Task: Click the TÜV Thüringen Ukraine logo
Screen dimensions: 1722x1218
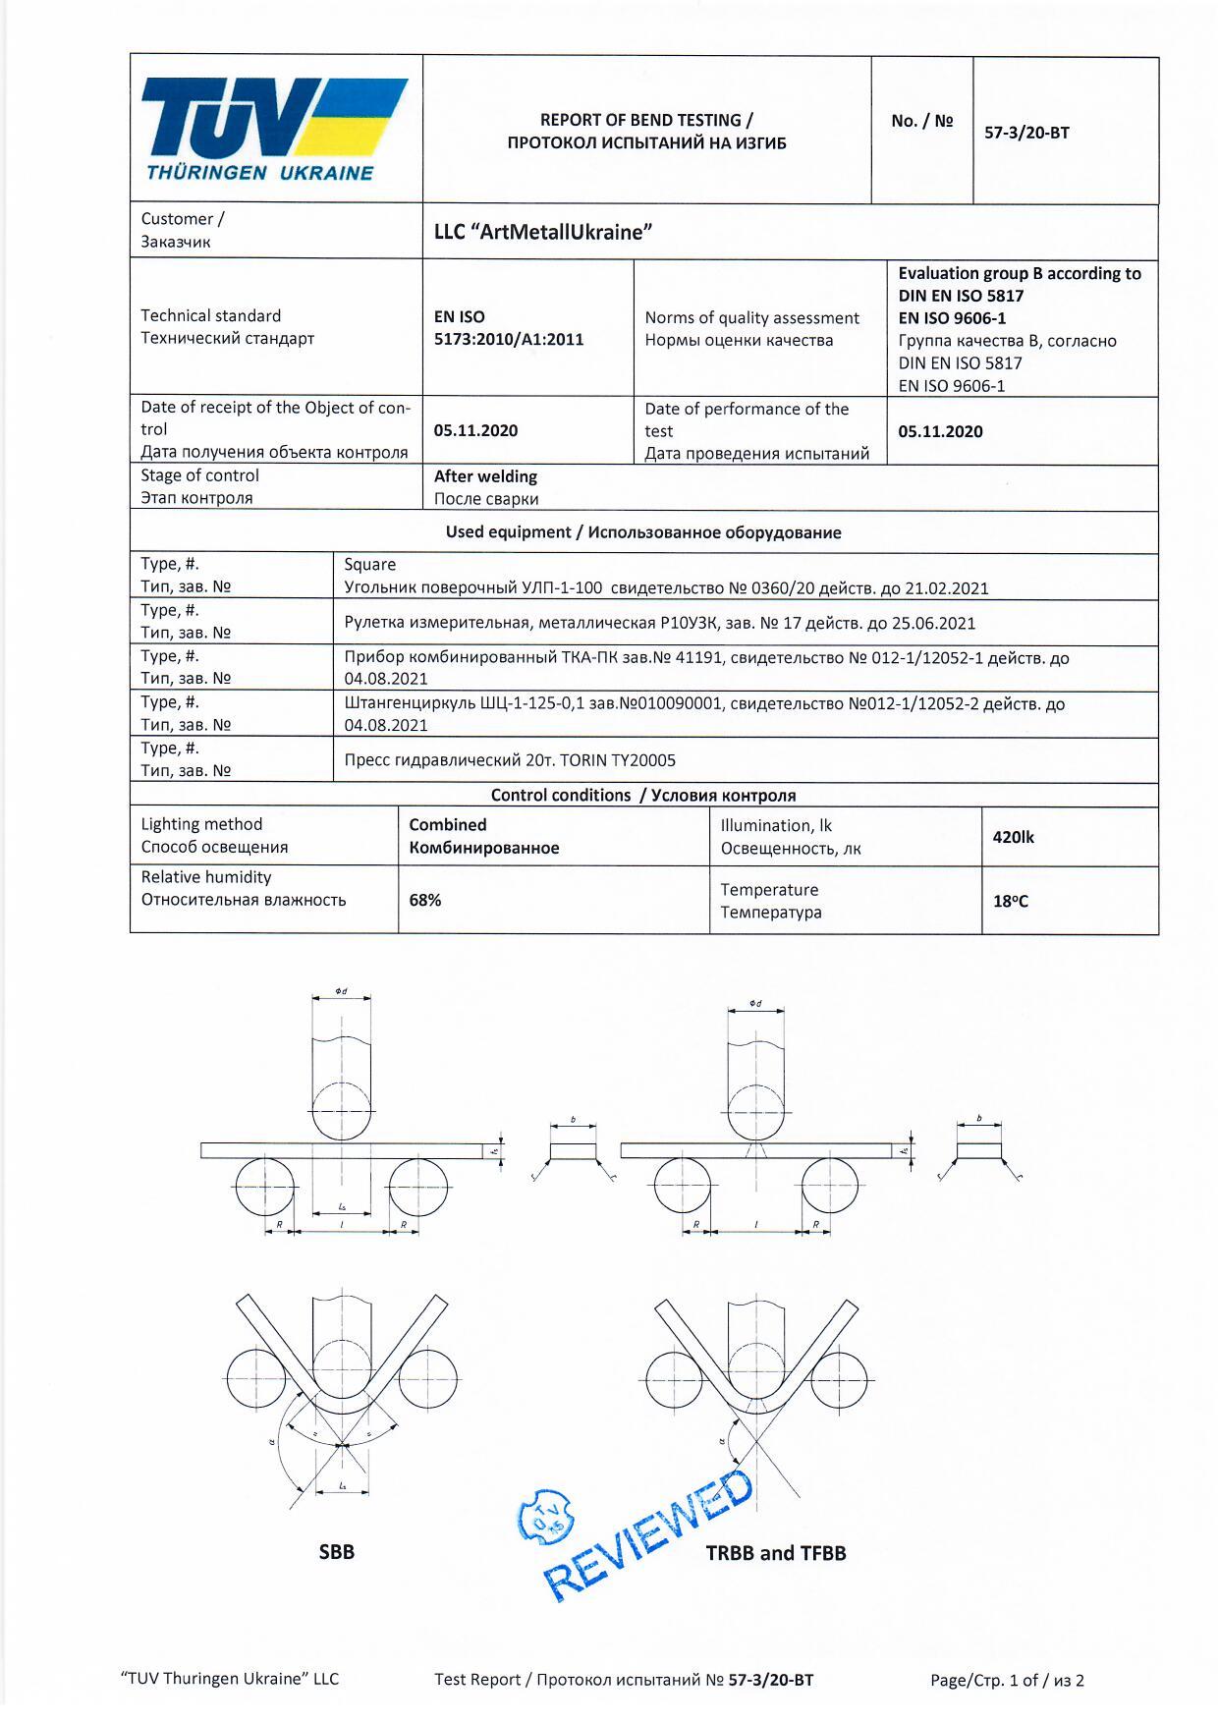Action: pyautogui.click(x=275, y=129)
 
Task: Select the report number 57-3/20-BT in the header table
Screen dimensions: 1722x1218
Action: pyautogui.click(x=1026, y=133)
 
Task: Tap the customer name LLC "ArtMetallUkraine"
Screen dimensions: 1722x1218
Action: pyautogui.click(x=543, y=232)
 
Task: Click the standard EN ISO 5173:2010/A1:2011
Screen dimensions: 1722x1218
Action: pyautogui.click(x=508, y=328)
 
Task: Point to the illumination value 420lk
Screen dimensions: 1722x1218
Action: pyautogui.click(x=1013, y=837)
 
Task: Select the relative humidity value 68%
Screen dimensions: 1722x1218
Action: pyautogui.click(x=425, y=900)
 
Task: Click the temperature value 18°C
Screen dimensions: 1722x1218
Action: pyautogui.click(x=1011, y=901)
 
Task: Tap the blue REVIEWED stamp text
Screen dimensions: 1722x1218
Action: pyautogui.click(x=648, y=1534)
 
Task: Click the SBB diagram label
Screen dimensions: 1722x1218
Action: pyautogui.click(x=336, y=1552)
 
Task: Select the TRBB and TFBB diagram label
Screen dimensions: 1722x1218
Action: pyautogui.click(x=775, y=1553)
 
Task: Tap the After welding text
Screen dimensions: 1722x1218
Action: pyautogui.click(x=485, y=476)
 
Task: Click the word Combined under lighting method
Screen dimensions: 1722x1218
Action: pyautogui.click(x=448, y=825)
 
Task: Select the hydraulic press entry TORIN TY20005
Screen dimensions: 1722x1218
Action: pyautogui.click(x=510, y=760)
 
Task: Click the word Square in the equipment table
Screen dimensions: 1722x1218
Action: pyautogui.click(x=370, y=565)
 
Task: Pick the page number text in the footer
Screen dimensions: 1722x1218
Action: pyautogui.click(x=1007, y=1680)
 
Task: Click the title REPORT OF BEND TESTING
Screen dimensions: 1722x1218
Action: pyautogui.click(x=646, y=120)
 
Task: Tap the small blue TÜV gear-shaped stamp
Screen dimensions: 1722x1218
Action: pyautogui.click(x=545, y=1517)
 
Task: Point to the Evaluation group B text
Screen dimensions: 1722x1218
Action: pyautogui.click(x=1019, y=273)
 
